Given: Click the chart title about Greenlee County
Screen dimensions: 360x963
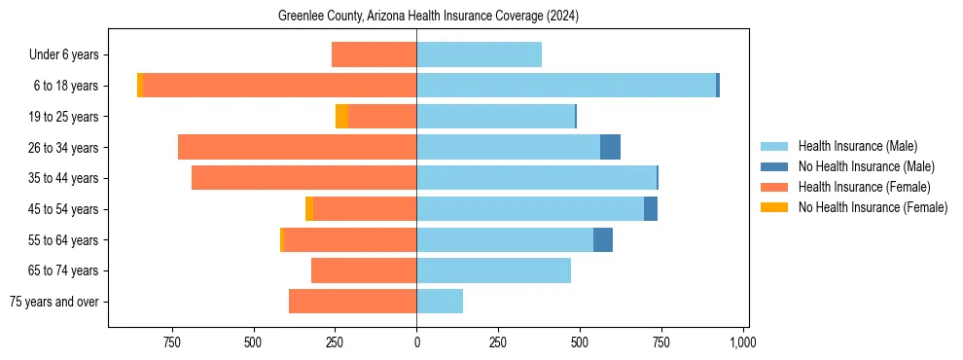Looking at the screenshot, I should tap(428, 16).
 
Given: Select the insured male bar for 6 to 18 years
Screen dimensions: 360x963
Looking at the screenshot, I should tap(566, 86).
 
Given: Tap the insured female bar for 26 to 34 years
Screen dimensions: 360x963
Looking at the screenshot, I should tap(297, 147).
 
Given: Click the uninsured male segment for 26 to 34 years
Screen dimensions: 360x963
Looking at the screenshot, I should tap(610, 147).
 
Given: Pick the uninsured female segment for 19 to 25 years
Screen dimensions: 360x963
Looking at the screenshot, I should tap(341, 117).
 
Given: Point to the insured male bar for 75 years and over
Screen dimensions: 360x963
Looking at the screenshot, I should tap(440, 302).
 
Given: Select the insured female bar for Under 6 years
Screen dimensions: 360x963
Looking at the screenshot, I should tap(374, 54).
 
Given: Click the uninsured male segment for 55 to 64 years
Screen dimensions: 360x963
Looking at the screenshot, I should tap(603, 239).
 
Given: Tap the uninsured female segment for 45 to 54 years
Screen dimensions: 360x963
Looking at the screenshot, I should tap(309, 209).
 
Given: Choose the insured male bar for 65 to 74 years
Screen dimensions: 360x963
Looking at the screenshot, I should tap(493, 270).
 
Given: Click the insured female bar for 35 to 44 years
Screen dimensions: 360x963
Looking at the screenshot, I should tap(303, 178).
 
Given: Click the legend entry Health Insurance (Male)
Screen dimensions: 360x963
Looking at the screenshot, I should tap(857, 146).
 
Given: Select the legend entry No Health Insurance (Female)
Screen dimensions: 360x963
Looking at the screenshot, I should tap(873, 207).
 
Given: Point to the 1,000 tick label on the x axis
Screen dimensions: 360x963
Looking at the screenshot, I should tap(743, 342).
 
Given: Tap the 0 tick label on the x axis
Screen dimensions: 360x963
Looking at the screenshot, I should tap(416, 342).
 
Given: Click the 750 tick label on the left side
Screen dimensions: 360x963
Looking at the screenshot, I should tap(171, 342).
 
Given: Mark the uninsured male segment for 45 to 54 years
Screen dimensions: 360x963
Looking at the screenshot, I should tap(651, 209).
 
